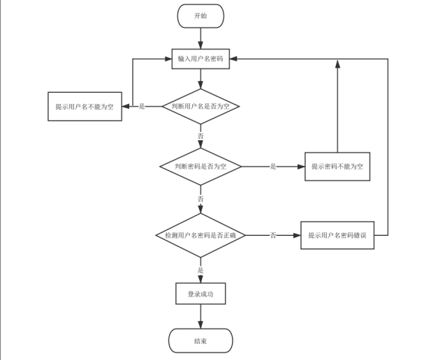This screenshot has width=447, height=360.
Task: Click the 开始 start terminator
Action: [x=200, y=15]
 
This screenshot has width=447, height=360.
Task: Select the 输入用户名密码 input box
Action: [x=200, y=59]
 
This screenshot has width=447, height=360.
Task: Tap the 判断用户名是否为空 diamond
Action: [x=200, y=106]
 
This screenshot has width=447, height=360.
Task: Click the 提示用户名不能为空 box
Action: [x=85, y=107]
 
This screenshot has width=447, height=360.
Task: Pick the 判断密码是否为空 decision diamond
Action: [x=200, y=167]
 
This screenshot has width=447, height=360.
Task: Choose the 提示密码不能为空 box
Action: [x=337, y=167]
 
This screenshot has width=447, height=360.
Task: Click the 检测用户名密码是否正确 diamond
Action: [x=200, y=236]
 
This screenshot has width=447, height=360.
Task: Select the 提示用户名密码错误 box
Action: [x=337, y=236]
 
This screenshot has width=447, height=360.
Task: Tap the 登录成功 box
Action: [x=200, y=294]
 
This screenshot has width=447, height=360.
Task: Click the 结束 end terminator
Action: [x=200, y=341]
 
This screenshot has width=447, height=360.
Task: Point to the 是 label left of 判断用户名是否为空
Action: [x=142, y=107]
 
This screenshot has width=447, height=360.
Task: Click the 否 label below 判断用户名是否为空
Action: [x=200, y=135]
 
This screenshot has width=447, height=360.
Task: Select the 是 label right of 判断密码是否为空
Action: [x=273, y=167]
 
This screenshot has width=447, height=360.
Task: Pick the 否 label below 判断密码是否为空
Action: [x=200, y=199]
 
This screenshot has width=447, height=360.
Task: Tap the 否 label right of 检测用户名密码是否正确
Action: [x=273, y=236]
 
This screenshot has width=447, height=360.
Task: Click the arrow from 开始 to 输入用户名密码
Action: [x=200, y=38]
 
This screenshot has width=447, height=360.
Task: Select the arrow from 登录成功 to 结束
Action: [x=200, y=317]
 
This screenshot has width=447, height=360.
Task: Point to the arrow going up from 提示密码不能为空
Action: [x=337, y=105]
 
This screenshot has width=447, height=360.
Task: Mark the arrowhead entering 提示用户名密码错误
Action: [x=297, y=236]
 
